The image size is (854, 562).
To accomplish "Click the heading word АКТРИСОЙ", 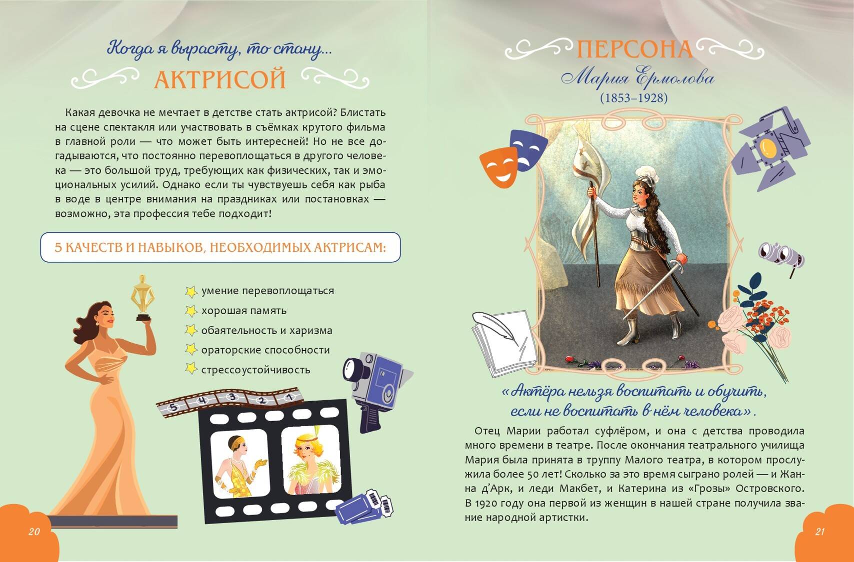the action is pyautogui.click(x=220, y=79).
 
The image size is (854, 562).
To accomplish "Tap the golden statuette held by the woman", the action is pyautogui.click(x=142, y=298).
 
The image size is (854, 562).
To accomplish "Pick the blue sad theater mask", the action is pyautogui.click(x=528, y=149).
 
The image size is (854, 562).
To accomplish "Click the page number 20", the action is pyautogui.click(x=34, y=532).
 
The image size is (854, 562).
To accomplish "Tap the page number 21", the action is pyautogui.click(x=819, y=532).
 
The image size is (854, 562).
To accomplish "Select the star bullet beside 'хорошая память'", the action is pyautogui.click(x=191, y=311).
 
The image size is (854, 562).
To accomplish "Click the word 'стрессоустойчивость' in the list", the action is pyautogui.click(x=256, y=370).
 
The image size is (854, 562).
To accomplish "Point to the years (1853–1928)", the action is pyautogui.click(x=634, y=98).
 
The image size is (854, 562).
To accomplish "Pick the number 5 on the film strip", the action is pyautogui.click(x=172, y=407).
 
